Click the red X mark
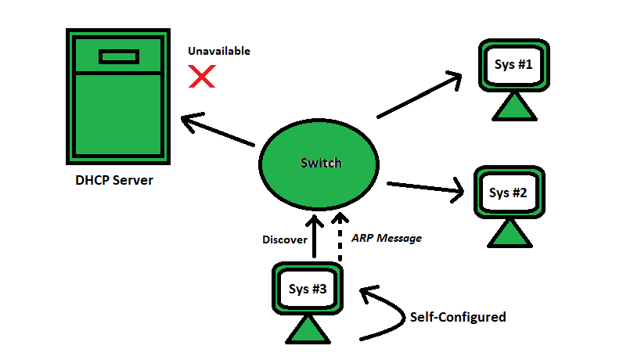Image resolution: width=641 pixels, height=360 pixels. [203, 76]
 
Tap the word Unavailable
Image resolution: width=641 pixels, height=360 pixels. [219, 51]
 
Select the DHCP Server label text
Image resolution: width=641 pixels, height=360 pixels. [114, 181]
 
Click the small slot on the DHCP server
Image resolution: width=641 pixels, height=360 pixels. [119, 56]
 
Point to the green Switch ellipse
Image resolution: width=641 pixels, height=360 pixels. [321, 163]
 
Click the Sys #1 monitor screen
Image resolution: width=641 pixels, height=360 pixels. [513, 65]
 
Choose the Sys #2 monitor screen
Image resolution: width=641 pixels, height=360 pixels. [509, 193]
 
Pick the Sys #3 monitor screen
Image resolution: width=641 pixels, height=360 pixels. [308, 289]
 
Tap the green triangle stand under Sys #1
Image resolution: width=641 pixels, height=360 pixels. [514, 106]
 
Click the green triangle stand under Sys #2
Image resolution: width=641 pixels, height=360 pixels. [510, 233]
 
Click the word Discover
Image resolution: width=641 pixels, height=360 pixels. [285, 240]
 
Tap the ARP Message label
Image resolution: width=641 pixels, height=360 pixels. [387, 238]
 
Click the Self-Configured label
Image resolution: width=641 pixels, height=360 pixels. [458, 317]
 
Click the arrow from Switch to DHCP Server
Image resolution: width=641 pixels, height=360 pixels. [219, 131]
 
